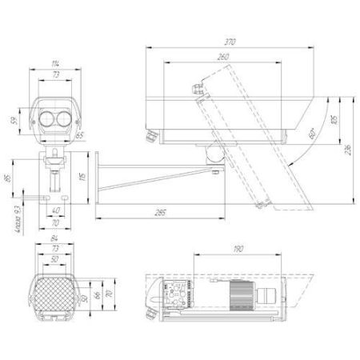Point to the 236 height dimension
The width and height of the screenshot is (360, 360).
pos(350,150)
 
